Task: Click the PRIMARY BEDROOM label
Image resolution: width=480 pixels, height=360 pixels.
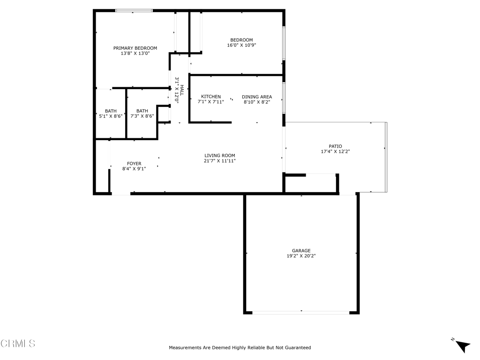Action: click(x=135, y=48)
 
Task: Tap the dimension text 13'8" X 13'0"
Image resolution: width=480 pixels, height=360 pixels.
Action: click(x=135, y=53)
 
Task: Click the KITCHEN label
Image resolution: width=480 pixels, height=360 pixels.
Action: click(x=211, y=97)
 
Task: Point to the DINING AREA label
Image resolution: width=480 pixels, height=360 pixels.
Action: click(x=257, y=97)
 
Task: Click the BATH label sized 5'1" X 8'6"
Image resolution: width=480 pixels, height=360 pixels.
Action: click(x=111, y=111)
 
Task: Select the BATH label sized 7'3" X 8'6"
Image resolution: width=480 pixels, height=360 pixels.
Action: click(x=142, y=111)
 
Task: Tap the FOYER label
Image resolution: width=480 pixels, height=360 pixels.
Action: click(x=134, y=164)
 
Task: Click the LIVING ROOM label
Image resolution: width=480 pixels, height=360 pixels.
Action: click(x=220, y=156)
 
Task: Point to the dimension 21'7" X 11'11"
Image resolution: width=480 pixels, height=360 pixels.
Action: click(x=220, y=161)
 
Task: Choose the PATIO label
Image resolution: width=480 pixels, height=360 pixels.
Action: click(x=335, y=146)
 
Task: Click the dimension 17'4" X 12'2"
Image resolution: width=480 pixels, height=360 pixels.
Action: click(x=335, y=151)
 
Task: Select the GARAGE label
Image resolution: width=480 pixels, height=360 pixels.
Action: click(x=301, y=251)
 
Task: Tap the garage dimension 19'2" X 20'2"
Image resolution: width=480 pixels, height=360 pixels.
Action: click(x=301, y=256)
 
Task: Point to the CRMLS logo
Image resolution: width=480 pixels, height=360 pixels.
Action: click(x=18, y=344)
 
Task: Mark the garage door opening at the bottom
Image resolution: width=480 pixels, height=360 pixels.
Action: click(x=301, y=312)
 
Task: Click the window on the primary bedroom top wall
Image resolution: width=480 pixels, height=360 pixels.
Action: click(x=134, y=10)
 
